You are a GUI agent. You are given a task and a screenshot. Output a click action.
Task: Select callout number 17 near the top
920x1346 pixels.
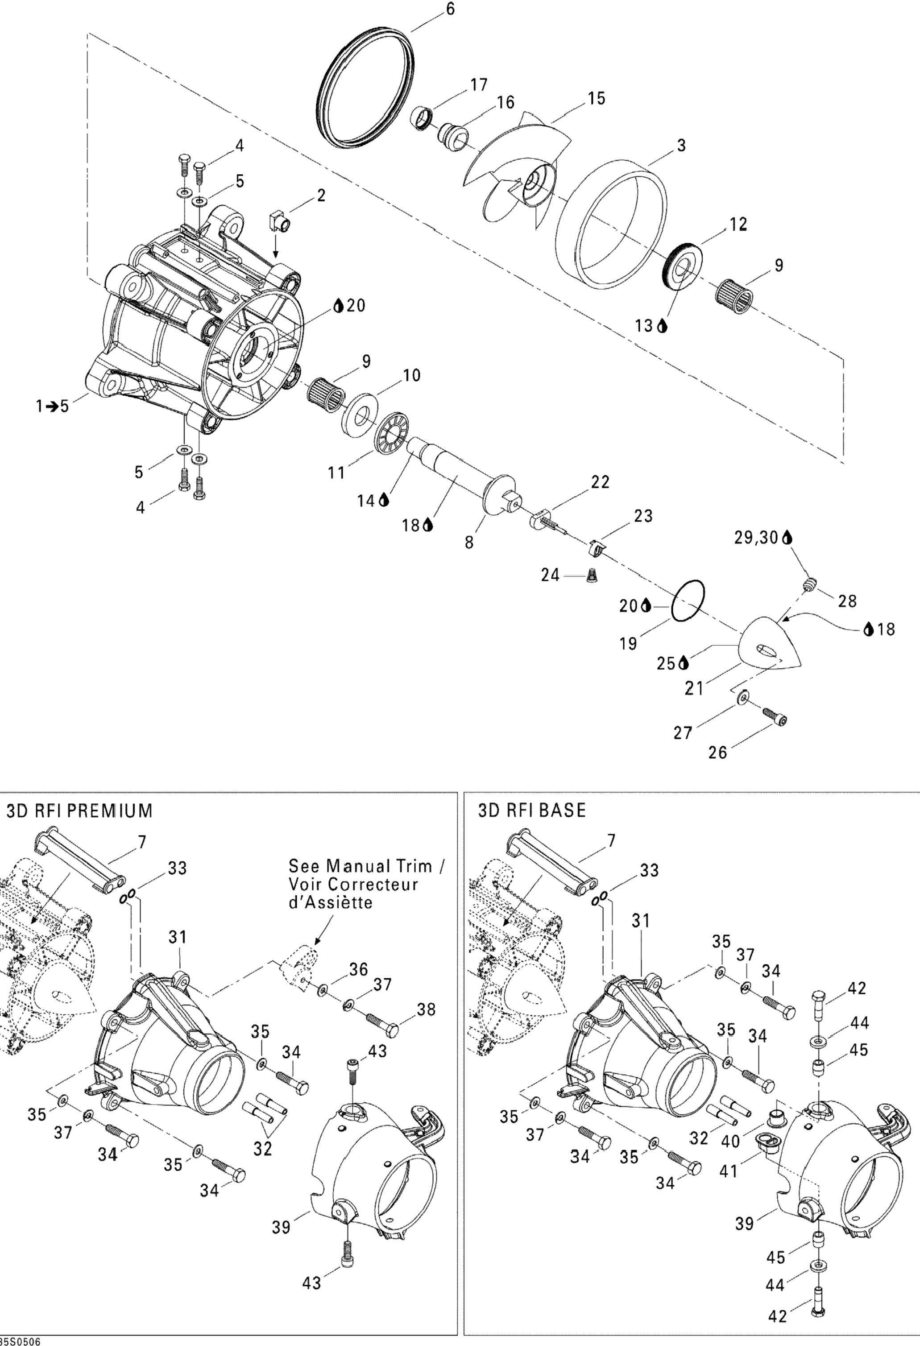click(479, 85)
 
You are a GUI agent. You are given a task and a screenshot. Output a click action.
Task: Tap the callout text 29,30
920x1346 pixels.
click(757, 538)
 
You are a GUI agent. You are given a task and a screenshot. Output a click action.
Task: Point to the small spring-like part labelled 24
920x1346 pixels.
click(591, 575)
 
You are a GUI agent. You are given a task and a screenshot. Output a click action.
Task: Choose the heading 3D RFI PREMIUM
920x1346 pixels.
click(79, 810)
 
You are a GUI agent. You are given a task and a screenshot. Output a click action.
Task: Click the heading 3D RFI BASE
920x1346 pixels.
click(531, 810)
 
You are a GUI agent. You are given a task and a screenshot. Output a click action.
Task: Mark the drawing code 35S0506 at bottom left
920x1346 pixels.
click(20, 1340)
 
